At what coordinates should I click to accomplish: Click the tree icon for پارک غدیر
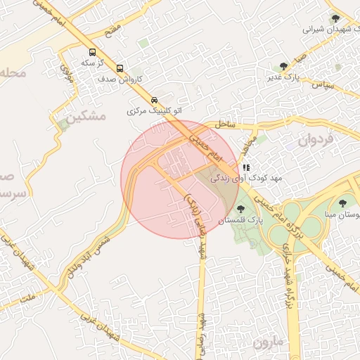283,66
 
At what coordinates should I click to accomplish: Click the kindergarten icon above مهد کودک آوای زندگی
245,168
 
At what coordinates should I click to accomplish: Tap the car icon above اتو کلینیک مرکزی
155,100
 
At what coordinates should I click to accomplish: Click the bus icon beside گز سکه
92,52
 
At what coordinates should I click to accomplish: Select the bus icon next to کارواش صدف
120,69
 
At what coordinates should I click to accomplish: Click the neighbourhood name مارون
268,343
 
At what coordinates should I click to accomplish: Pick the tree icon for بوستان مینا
342,203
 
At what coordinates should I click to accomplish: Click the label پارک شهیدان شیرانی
332,30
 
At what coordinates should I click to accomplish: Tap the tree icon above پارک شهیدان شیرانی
334,18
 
